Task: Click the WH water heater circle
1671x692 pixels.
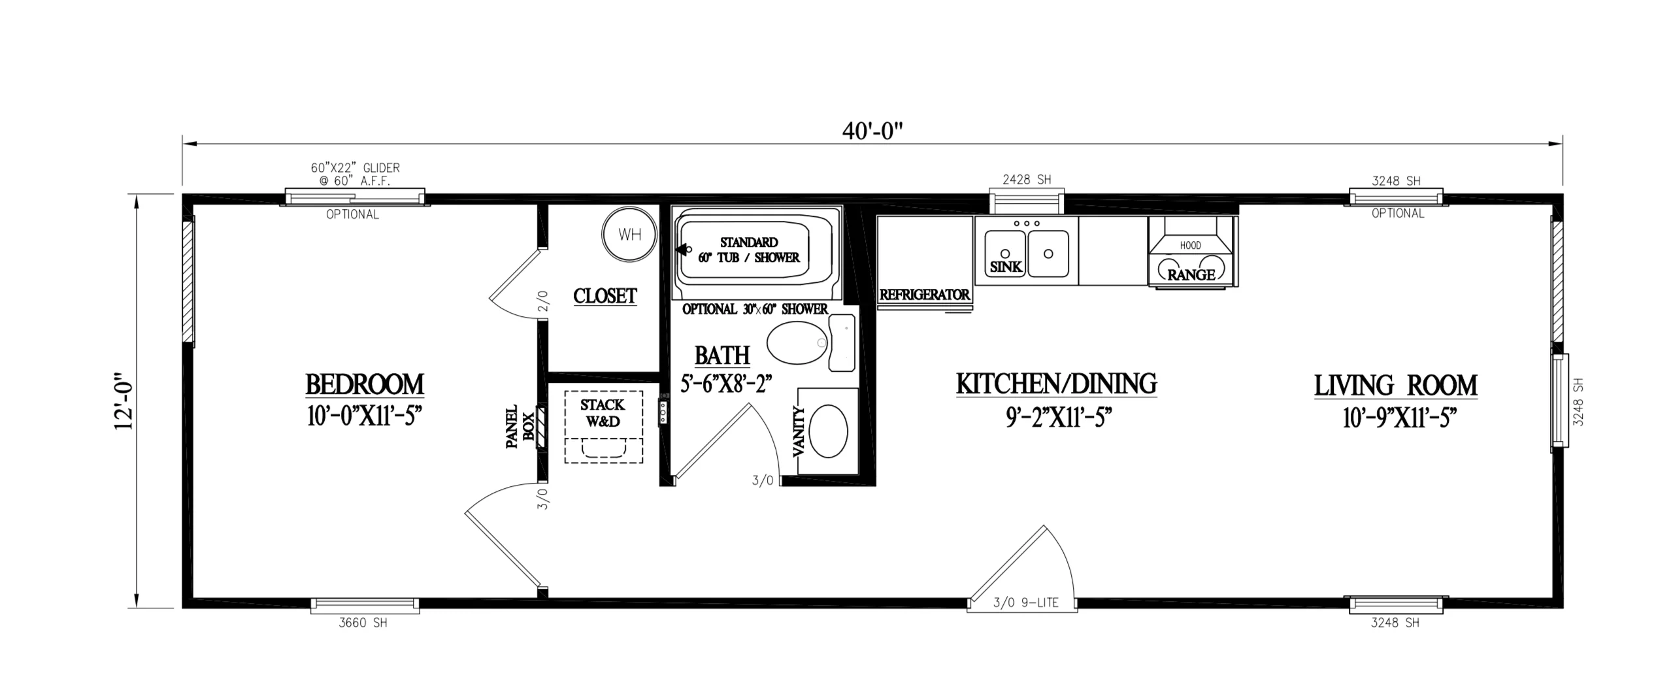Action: point(629,235)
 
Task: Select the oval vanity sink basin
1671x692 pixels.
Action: point(828,431)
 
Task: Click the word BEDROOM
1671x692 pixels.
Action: point(365,384)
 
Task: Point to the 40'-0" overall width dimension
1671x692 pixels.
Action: point(872,131)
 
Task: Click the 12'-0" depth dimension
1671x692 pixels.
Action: point(124,401)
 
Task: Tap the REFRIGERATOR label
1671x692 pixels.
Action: point(924,295)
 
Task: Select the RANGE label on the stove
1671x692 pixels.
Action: point(1191,275)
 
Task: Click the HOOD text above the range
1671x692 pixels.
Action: point(1191,246)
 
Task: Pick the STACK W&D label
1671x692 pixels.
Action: point(603,413)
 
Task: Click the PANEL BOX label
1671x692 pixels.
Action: point(520,426)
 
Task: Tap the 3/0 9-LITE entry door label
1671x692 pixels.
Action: point(1025,603)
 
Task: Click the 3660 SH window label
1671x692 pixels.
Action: point(363,623)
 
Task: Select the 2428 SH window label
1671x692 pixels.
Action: point(1027,180)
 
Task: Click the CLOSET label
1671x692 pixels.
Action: point(604,296)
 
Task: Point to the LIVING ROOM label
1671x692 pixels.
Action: point(1396,386)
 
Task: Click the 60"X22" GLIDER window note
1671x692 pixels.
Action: point(355,174)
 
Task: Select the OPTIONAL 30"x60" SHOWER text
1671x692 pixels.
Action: point(755,309)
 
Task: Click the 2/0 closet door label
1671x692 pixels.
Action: point(543,300)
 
